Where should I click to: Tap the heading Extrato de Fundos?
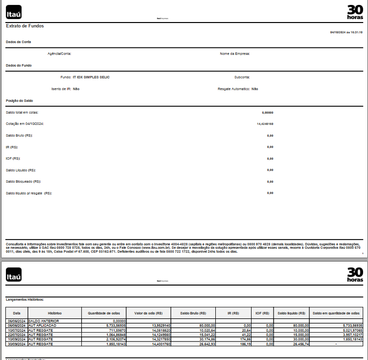25,26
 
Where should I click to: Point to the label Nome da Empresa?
235,54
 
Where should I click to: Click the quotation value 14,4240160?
265,124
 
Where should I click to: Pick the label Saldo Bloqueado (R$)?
23,181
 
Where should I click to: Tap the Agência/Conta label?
60,54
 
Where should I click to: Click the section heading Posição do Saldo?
20,100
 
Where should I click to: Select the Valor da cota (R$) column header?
148,313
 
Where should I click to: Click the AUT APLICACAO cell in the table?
43,325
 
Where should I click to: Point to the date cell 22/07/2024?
17,335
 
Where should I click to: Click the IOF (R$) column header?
262,313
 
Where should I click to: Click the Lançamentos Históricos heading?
24,299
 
